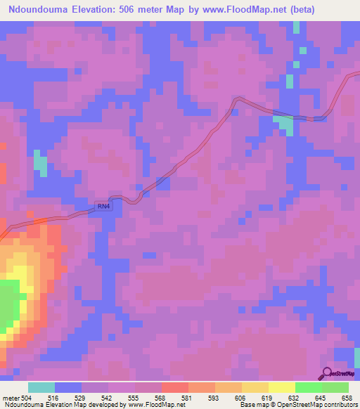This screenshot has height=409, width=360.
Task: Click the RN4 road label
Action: tap(103, 205)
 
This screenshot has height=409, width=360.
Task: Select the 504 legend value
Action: tap(26, 398)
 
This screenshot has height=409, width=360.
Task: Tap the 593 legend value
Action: tap(215, 398)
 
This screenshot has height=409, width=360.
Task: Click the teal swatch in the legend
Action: tap(41, 387)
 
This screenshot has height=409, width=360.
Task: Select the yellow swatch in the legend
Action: tap(281, 387)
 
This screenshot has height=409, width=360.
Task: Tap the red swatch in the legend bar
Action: tap(175, 387)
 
